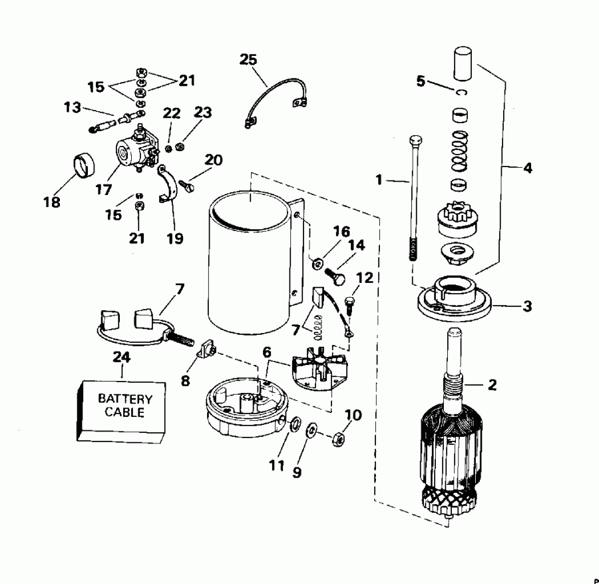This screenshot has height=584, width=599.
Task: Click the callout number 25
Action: (248, 60)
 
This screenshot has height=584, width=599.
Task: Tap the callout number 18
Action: (52, 202)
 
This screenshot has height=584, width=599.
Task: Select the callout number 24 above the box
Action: (120, 358)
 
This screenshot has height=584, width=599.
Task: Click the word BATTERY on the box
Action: (125, 400)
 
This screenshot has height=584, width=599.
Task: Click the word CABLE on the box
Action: (125, 412)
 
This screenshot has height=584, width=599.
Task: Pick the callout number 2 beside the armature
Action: (493, 384)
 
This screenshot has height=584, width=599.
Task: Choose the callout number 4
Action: (527, 168)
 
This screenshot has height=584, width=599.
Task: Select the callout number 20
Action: (214, 160)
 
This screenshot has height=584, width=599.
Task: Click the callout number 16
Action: (341, 231)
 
